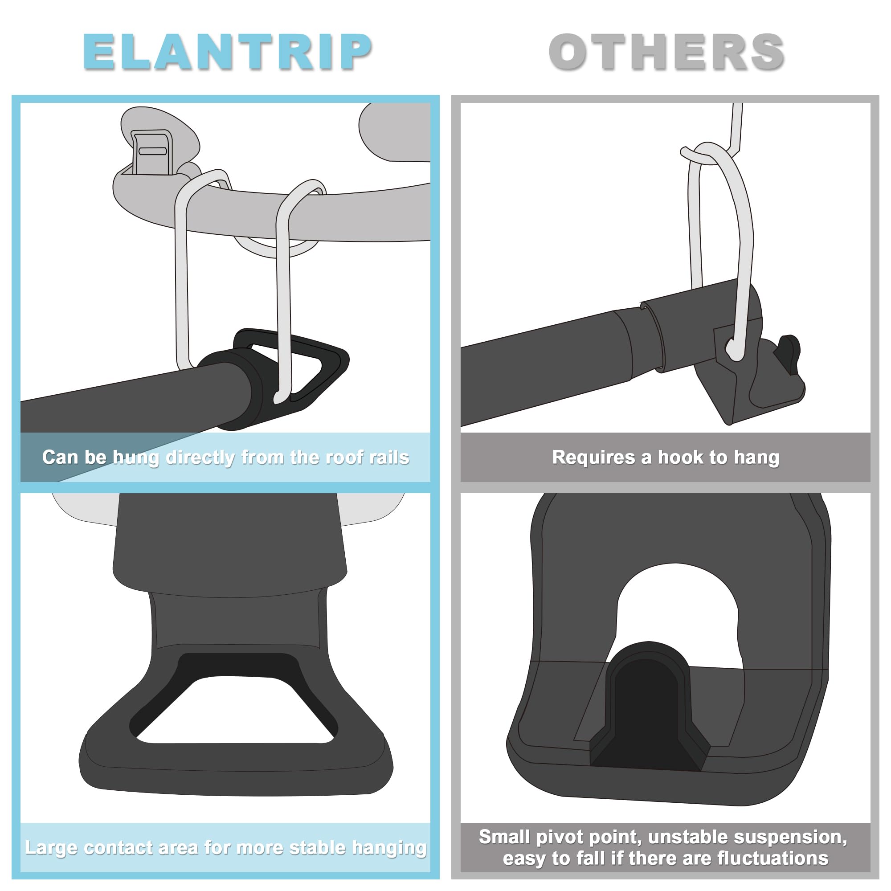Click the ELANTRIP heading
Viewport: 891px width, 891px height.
pyautogui.click(x=227, y=52)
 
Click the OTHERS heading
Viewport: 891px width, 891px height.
pyautogui.click(x=666, y=52)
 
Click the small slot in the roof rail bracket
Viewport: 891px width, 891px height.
pyautogui.click(x=153, y=151)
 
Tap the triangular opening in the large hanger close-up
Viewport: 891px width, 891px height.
pyautogui.click(x=235, y=712)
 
